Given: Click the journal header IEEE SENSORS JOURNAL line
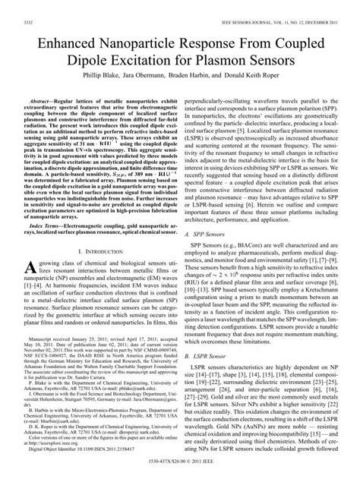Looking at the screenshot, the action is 285,6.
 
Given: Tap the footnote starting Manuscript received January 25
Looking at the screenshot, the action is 99,361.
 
